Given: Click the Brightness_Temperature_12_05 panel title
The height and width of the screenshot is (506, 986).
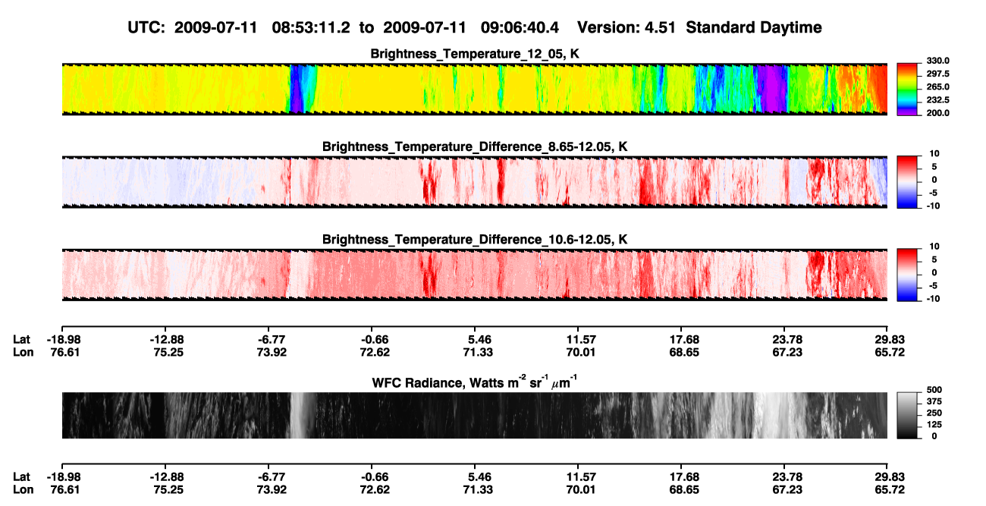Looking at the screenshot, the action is (475, 54).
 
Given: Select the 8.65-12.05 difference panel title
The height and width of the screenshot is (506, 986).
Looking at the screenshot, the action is (475, 146).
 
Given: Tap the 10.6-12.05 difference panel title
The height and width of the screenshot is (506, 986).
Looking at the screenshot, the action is (475, 240).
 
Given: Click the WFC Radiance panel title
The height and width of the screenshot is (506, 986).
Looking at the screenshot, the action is (475, 382).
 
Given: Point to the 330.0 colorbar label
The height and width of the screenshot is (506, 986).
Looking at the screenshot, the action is (937, 61).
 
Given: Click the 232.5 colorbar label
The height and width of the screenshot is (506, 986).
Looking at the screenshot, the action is (937, 100).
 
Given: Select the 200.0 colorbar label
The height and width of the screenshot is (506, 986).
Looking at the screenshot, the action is (937, 113).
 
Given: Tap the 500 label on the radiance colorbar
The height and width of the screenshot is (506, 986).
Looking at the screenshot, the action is (934, 390).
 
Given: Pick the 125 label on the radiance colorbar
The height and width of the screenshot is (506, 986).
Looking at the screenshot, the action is (934, 425).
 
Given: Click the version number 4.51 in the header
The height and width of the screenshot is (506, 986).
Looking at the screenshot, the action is (660, 28).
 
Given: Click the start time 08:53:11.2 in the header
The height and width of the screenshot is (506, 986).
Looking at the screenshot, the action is (311, 28).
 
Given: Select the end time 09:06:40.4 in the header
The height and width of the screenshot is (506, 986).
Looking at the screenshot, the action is (520, 28).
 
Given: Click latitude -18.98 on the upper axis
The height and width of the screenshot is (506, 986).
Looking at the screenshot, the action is (64, 340).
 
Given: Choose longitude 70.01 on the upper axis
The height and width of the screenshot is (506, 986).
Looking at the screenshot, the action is (580, 352).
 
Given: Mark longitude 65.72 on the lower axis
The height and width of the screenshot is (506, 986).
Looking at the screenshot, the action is (890, 490).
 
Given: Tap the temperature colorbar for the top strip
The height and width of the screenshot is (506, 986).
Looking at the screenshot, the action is (907, 90).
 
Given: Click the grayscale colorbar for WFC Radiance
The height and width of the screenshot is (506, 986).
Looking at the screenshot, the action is (907, 415).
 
